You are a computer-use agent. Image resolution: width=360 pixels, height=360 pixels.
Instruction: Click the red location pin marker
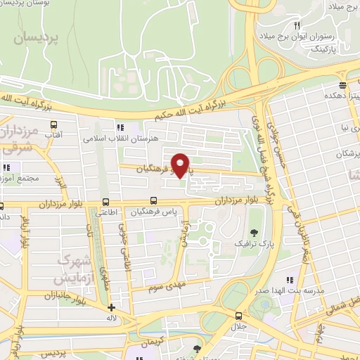click(x=181, y=166)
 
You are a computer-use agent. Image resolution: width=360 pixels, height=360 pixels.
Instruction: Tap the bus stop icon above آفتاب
click(x=58, y=120)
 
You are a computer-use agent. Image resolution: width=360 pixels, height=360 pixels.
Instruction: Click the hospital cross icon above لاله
click(x=110, y=307)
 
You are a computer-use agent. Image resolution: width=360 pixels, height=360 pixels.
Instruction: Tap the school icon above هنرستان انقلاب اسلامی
click(x=120, y=127)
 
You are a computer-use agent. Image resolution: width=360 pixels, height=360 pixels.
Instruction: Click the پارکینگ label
click(x=323, y=51)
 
